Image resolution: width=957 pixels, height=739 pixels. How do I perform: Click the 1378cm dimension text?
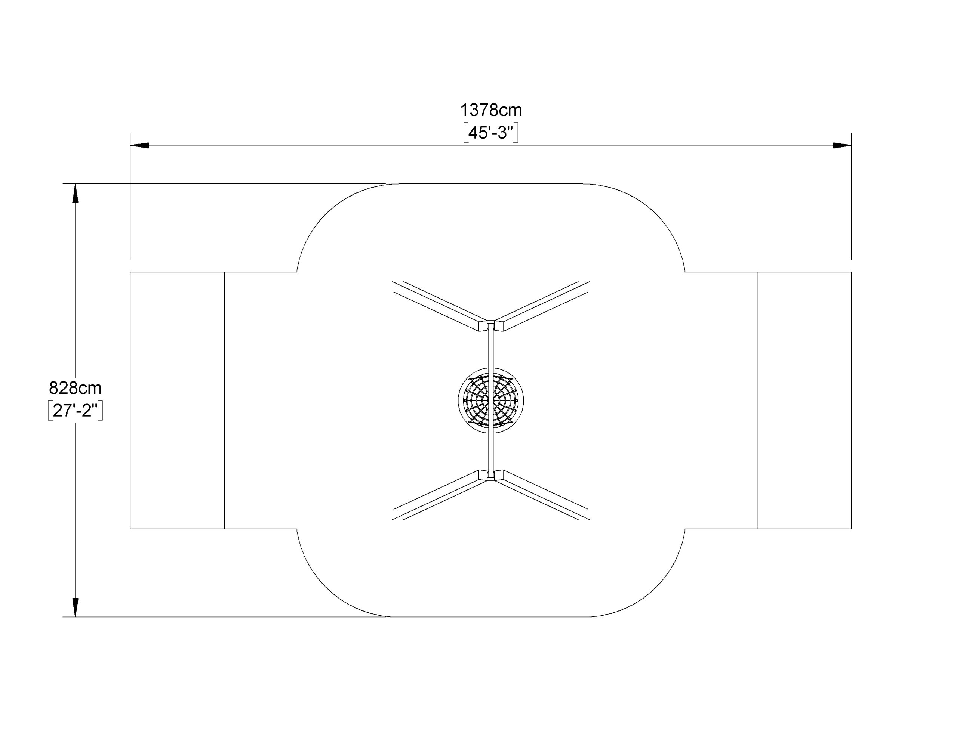coord(491,110)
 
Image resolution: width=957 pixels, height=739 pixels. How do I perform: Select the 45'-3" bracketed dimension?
coord(491,133)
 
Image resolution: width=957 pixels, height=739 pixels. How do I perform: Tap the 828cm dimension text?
coord(76,388)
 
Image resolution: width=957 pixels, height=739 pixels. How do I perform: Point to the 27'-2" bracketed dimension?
coord(76,411)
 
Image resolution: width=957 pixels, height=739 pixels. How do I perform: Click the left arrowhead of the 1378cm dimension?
coord(139,145)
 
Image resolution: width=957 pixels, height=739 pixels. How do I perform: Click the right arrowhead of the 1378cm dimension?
coord(842,145)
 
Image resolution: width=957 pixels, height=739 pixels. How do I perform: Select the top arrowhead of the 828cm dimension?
coord(76,193)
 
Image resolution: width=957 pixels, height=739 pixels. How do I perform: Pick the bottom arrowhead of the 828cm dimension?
coord(76,607)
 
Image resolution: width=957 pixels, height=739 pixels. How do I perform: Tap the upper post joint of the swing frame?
coord(491,325)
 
